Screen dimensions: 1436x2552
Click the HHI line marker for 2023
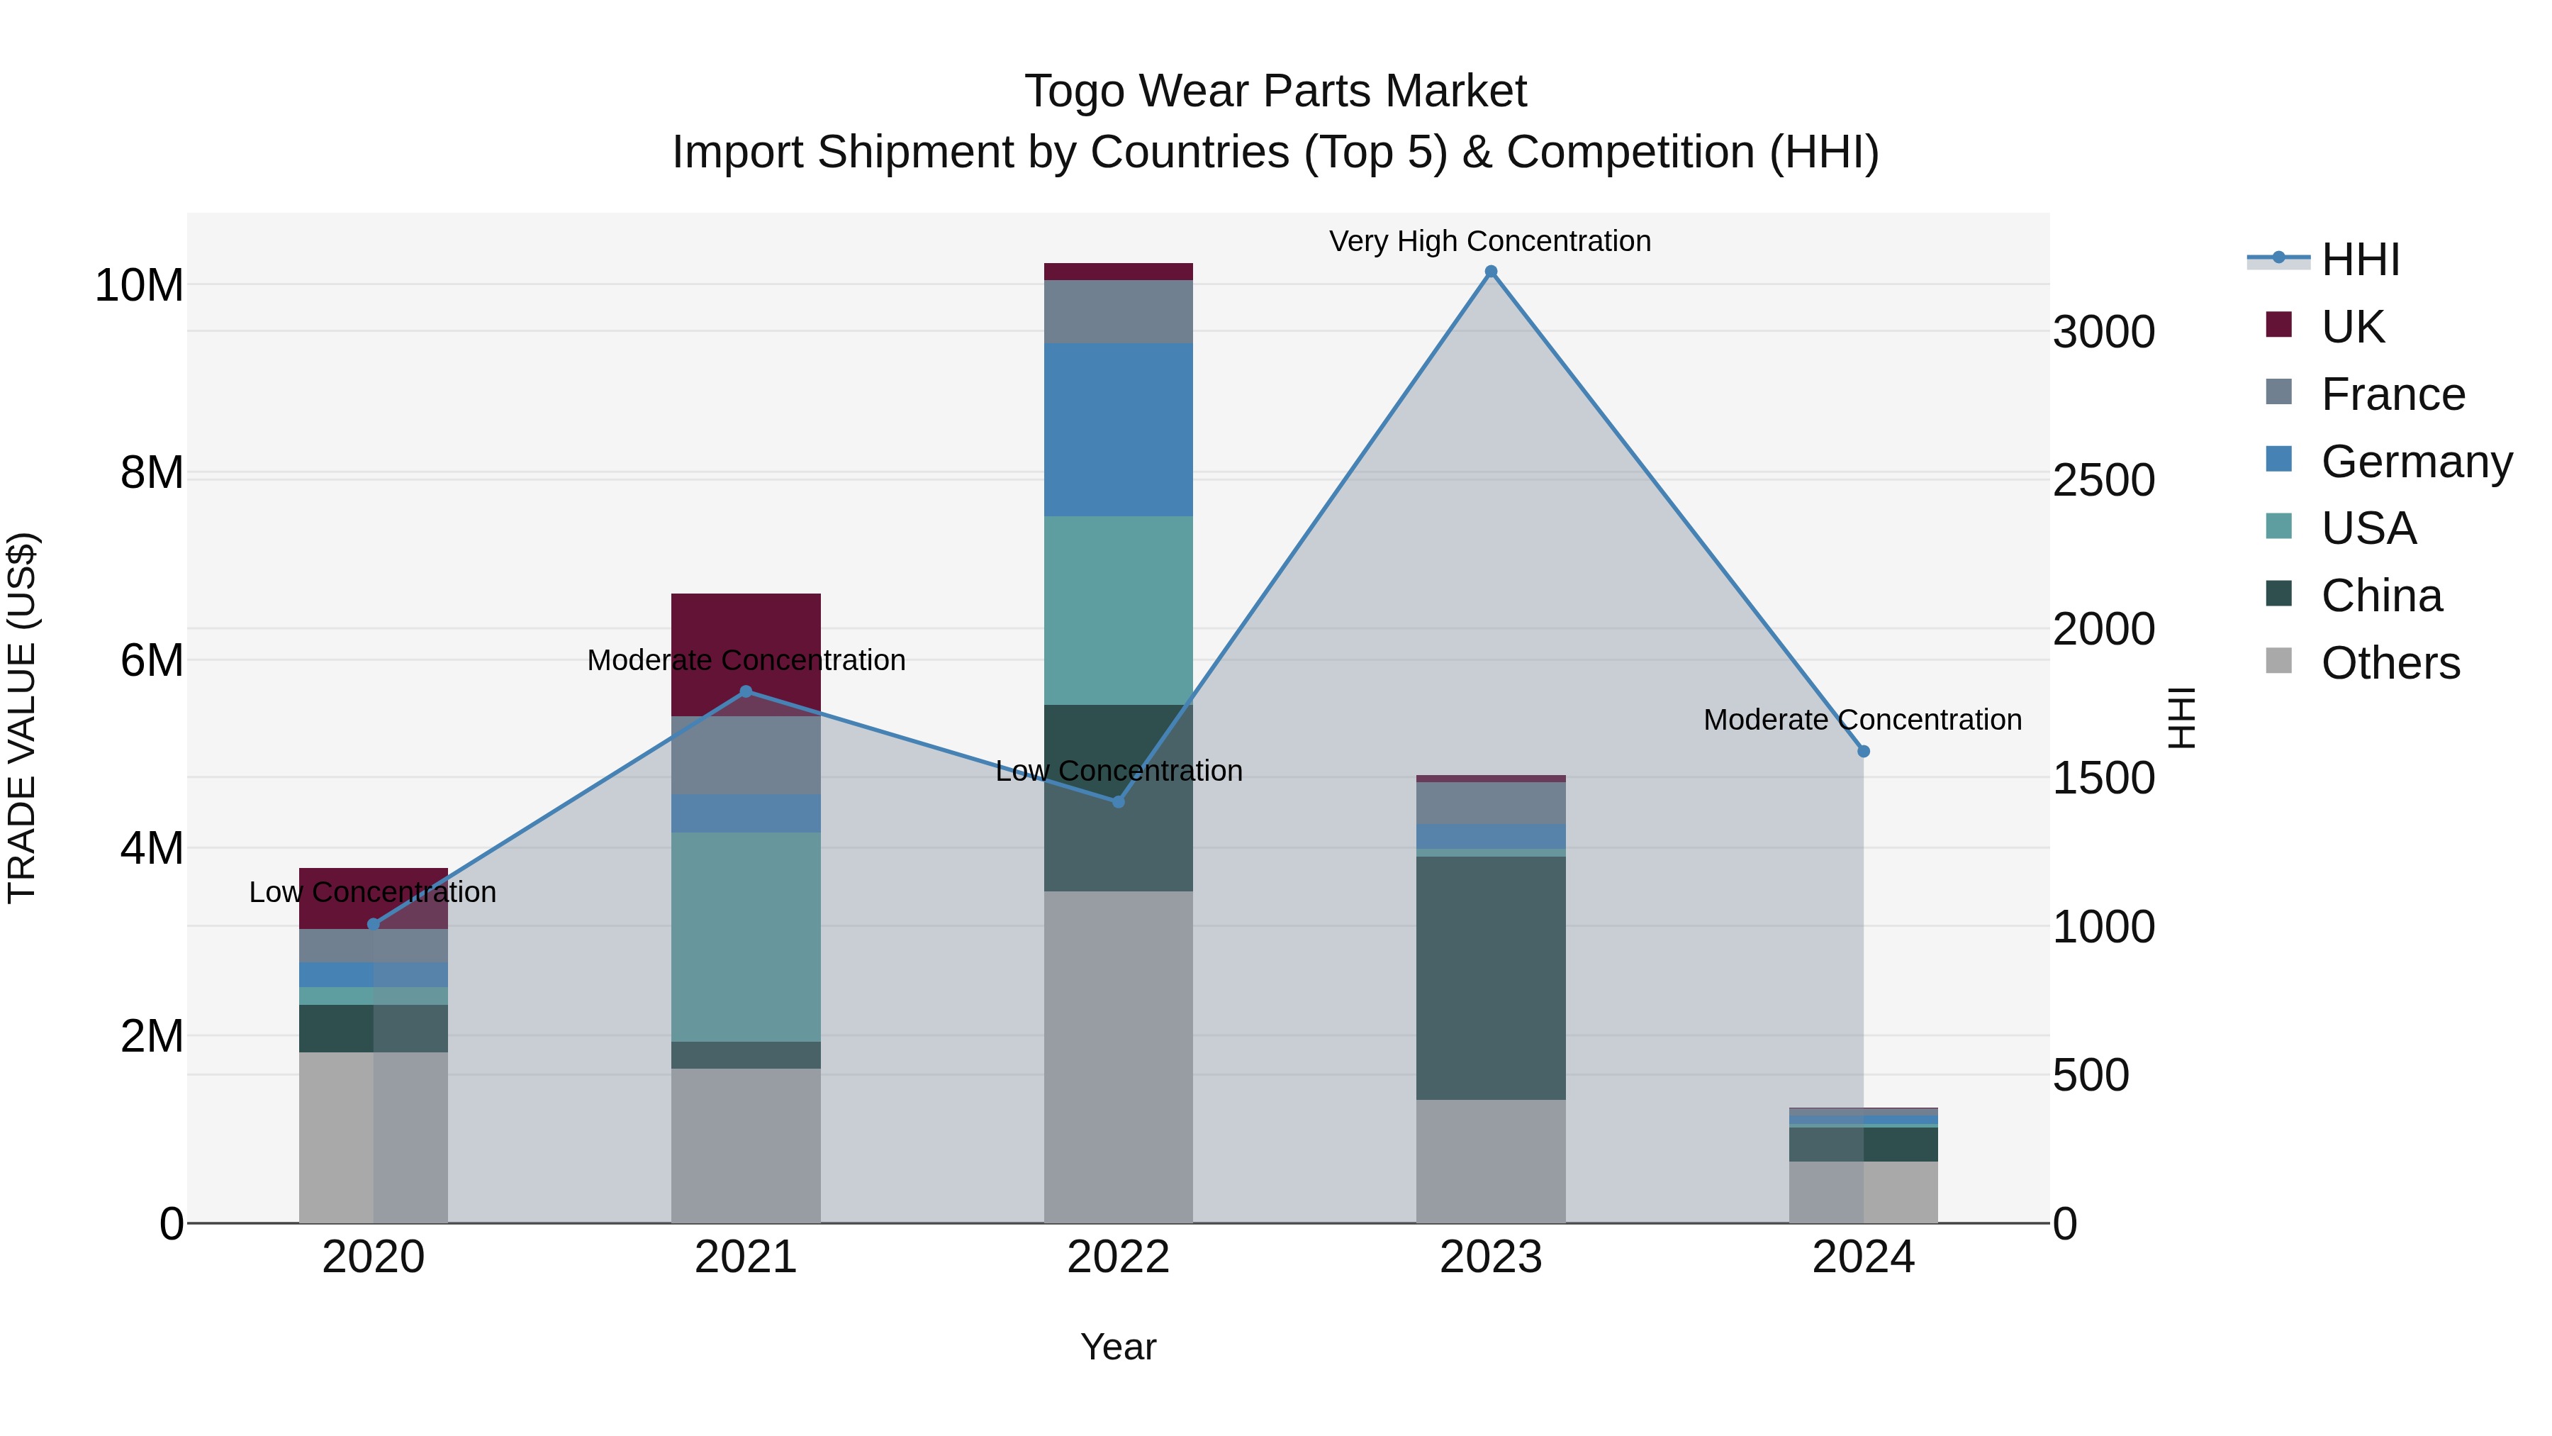coord(1490,272)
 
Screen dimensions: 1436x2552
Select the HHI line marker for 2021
coord(746,691)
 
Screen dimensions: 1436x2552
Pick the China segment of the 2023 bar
coord(1490,977)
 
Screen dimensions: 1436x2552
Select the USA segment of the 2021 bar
coord(746,937)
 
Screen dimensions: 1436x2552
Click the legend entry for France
coord(2392,394)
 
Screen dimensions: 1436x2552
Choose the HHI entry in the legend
coord(2360,260)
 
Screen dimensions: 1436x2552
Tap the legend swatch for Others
coord(2278,661)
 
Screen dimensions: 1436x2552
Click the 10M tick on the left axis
coord(139,285)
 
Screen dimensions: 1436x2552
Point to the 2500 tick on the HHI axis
coord(2103,481)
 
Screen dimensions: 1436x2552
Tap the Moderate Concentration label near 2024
coord(1862,720)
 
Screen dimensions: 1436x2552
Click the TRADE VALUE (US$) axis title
coord(23,718)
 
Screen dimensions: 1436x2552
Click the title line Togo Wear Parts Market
coord(1275,91)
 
